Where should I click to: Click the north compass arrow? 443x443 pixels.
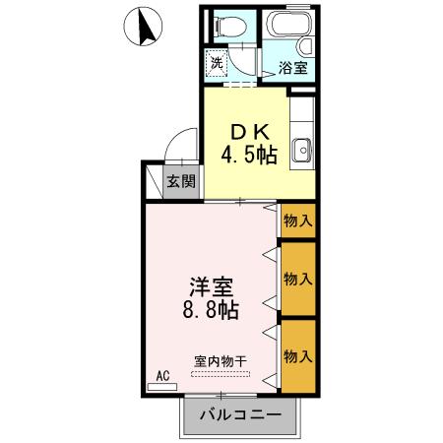click(x=145, y=28)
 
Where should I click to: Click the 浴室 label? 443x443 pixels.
click(x=292, y=68)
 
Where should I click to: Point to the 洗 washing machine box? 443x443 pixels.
click(x=218, y=63)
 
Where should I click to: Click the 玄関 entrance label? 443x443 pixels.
click(x=180, y=180)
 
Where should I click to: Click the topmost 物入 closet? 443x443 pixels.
click(x=297, y=221)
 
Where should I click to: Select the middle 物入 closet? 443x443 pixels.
click(x=297, y=279)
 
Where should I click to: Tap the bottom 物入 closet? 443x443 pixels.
click(x=297, y=354)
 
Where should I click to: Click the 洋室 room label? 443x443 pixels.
click(x=213, y=287)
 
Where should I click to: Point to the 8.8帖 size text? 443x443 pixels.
click(x=213, y=312)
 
